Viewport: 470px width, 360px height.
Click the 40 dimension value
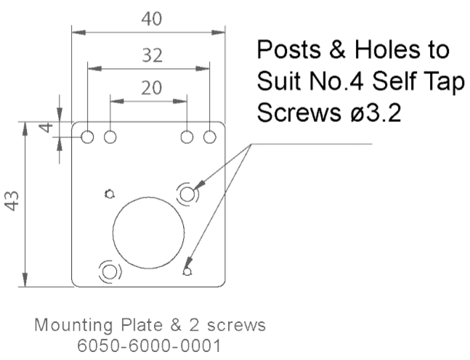point(150,19)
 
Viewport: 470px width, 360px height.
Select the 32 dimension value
point(150,54)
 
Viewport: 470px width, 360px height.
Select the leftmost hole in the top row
point(87,136)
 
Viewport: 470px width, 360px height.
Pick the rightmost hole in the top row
point(211,136)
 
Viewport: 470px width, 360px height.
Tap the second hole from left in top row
point(110,136)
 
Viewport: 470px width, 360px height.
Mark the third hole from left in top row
point(187,136)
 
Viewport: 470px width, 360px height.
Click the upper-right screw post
point(187,193)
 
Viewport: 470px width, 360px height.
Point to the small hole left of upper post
point(109,193)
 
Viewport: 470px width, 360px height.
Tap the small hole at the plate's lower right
point(187,271)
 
